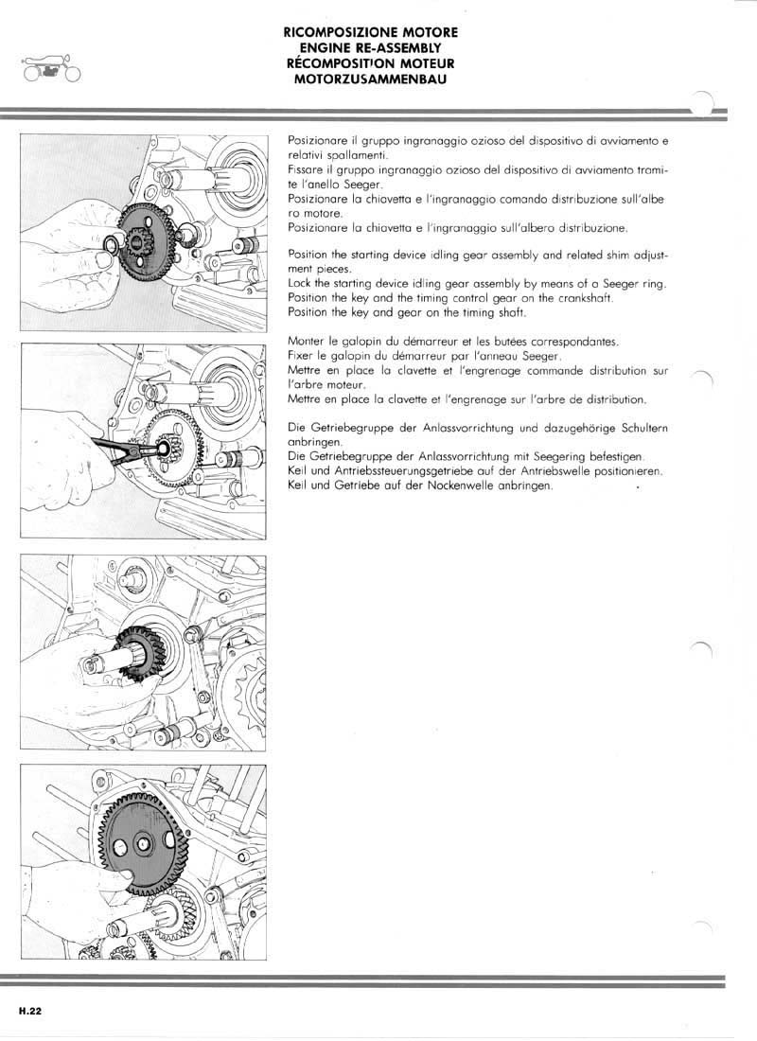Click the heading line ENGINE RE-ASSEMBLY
pos(370,45)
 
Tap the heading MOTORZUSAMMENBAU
pos(370,79)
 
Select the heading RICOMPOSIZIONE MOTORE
pos(370,31)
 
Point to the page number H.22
pos(29,1010)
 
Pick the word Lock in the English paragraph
pos(299,285)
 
